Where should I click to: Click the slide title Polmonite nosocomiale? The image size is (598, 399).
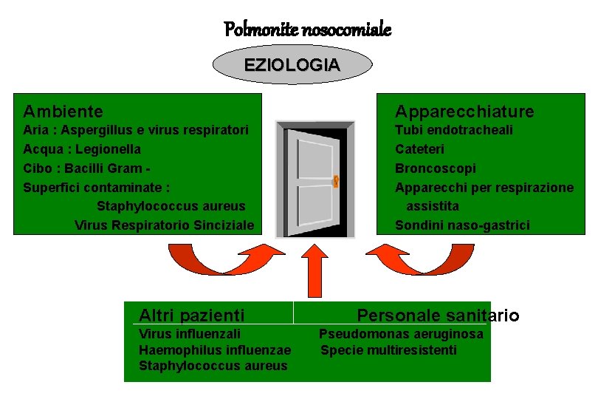pos(307,30)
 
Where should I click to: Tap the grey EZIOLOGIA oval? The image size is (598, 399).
pos(292,65)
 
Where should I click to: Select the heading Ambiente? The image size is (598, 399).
pos(63,112)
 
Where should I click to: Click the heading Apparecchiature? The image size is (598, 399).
pos(464,112)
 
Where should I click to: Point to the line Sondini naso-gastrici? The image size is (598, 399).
pos(462,225)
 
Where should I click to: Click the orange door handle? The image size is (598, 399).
pos(335,180)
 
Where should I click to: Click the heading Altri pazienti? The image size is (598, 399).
pos(192,316)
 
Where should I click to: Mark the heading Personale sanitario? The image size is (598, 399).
pos(439,316)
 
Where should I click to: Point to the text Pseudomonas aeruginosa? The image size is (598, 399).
pos(401,334)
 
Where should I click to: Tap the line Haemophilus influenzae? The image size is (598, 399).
pos(215,350)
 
